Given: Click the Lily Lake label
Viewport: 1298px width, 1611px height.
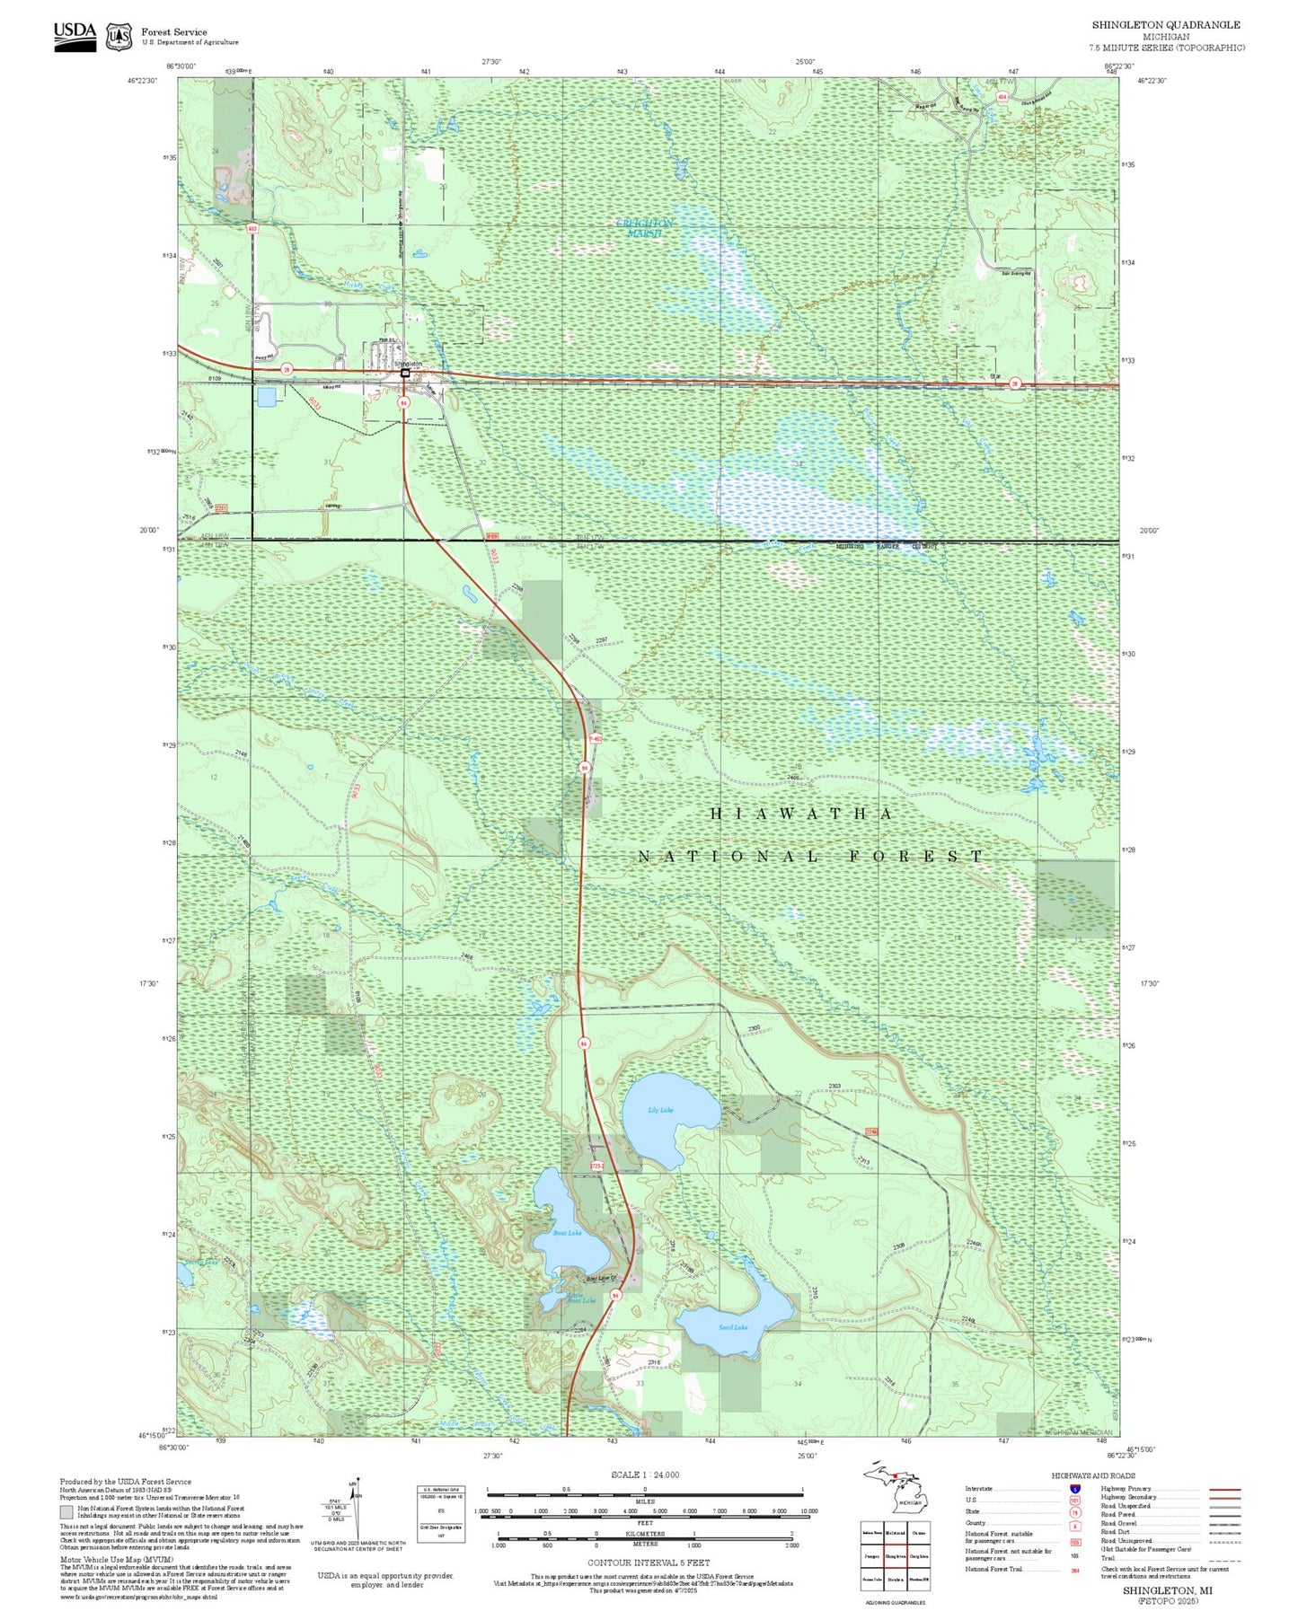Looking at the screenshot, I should click(660, 1111).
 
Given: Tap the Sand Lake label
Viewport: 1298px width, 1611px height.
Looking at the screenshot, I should click(733, 1327).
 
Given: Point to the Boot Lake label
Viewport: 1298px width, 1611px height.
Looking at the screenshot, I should click(567, 1233).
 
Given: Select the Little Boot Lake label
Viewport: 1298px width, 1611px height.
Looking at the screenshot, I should click(581, 1298).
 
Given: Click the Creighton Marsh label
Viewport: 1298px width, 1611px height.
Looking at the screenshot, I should click(644, 227).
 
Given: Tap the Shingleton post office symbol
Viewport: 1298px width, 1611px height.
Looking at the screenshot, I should click(405, 372).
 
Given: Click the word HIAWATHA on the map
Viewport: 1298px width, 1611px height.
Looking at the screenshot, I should click(801, 814).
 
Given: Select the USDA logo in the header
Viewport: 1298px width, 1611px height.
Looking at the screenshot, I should click(75, 36).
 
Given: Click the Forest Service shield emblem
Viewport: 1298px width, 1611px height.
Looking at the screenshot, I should click(119, 37).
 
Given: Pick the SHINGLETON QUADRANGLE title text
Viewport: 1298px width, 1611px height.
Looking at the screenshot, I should click(1166, 25).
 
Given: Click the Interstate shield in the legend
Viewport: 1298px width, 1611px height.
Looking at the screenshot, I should click(1074, 1489).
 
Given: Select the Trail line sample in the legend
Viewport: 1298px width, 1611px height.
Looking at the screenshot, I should click(1224, 1560).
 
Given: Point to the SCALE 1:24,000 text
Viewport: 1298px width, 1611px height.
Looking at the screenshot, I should click(645, 1475).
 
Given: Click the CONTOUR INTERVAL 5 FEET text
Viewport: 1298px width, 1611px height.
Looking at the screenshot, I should click(645, 1563).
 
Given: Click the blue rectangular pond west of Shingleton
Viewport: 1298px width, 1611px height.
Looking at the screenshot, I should click(267, 396).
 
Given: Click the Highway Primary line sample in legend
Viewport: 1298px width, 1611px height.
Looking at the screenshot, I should click(1224, 1489).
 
